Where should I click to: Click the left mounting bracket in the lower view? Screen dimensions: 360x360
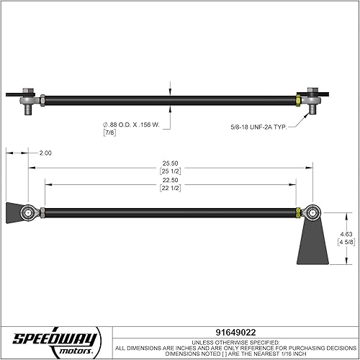tap(15, 212)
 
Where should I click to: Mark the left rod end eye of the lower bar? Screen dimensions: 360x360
tap(29, 212)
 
